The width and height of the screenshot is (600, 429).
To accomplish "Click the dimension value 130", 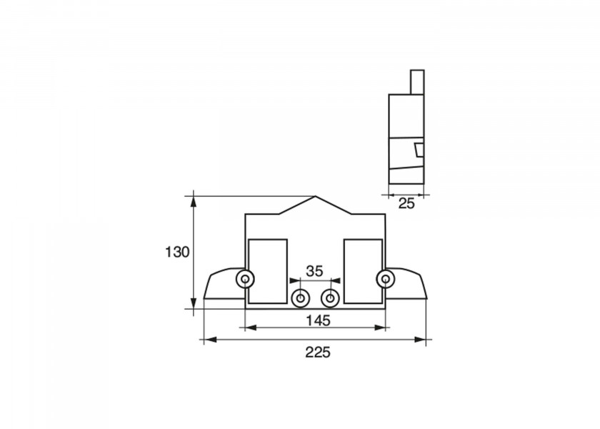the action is pyautogui.click(x=177, y=252).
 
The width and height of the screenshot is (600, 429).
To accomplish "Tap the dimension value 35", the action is pyautogui.click(x=314, y=271).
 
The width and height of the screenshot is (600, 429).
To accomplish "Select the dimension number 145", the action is pyautogui.click(x=318, y=320).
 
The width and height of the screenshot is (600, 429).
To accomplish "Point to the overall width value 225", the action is pyautogui.click(x=318, y=352).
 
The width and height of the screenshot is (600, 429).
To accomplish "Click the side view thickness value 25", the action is pyautogui.click(x=406, y=203).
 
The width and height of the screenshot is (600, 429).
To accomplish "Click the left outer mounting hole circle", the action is pyautogui.click(x=245, y=280).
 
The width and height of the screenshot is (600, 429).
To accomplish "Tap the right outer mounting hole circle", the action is pyautogui.click(x=385, y=279).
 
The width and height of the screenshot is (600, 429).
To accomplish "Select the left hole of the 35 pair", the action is pyautogui.click(x=301, y=298).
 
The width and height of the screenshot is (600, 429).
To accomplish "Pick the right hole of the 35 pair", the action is pyautogui.click(x=330, y=298).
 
